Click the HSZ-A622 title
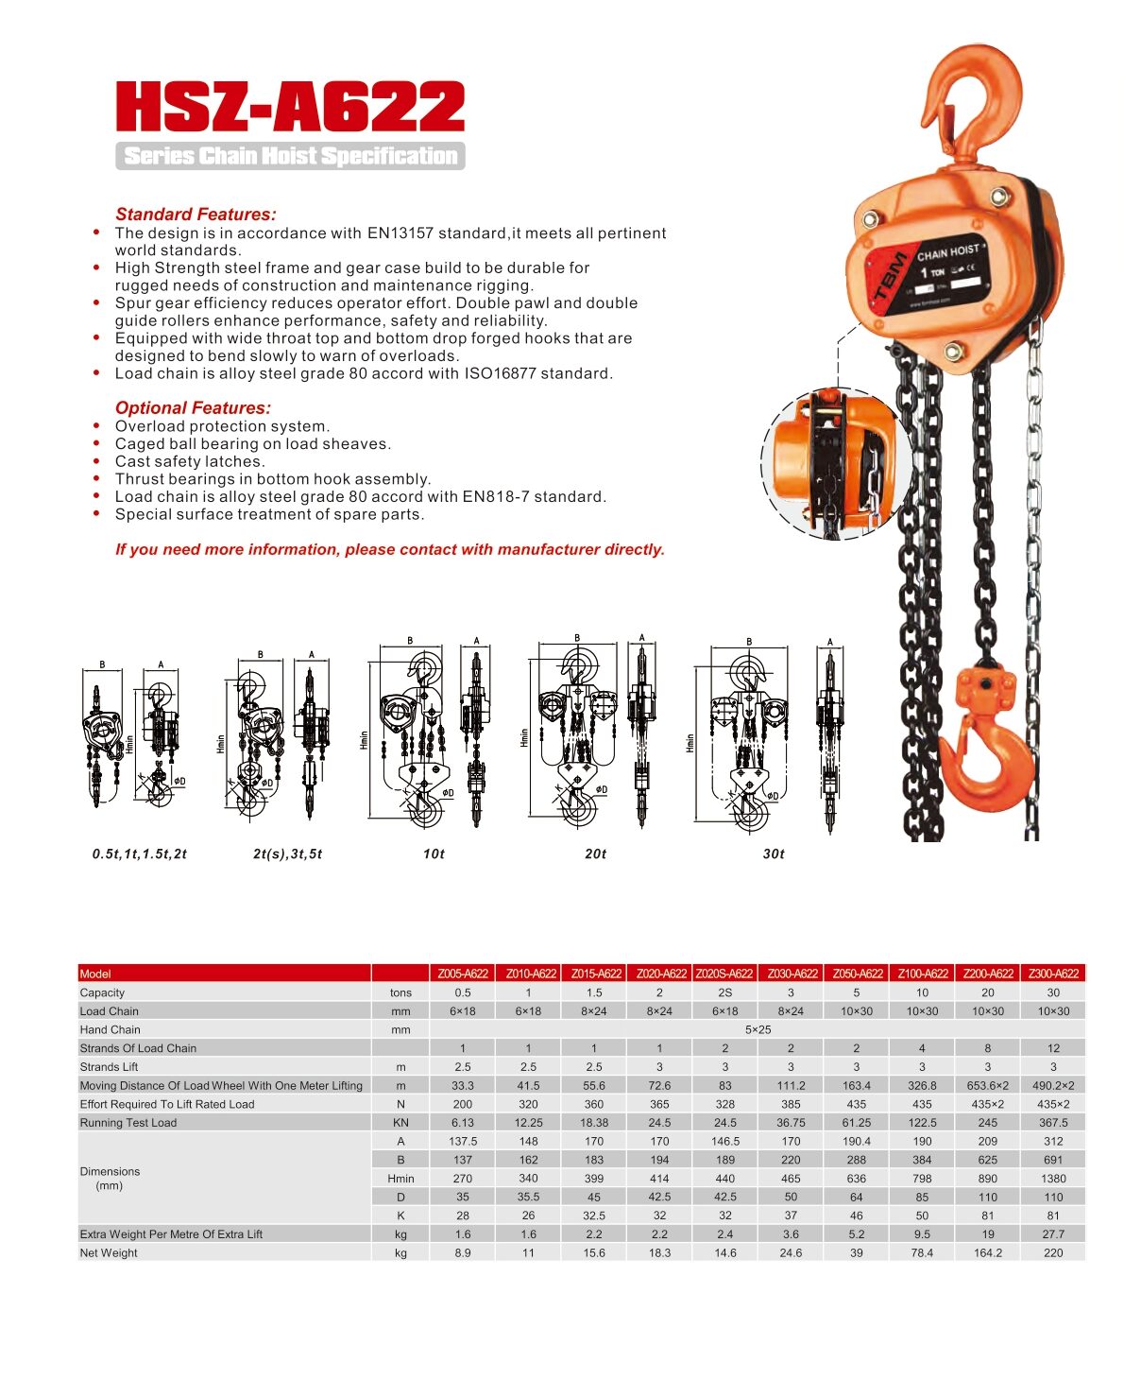click(290, 106)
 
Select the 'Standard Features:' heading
click(196, 215)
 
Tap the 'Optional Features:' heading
click(193, 408)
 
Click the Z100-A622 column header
click(922, 974)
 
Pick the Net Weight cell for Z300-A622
click(1053, 1253)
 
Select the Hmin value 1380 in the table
click(1053, 1179)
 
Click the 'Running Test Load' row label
click(128, 1123)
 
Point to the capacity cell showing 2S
click(725, 993)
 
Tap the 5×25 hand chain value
click(758, 1030)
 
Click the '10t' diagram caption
click(434, 854)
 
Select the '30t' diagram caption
click(774, 854)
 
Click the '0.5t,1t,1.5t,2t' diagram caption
click(140, 854)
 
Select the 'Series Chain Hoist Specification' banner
click(290, 156)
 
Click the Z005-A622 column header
click(463, 974)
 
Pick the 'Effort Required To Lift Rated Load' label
click(167, 1104)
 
